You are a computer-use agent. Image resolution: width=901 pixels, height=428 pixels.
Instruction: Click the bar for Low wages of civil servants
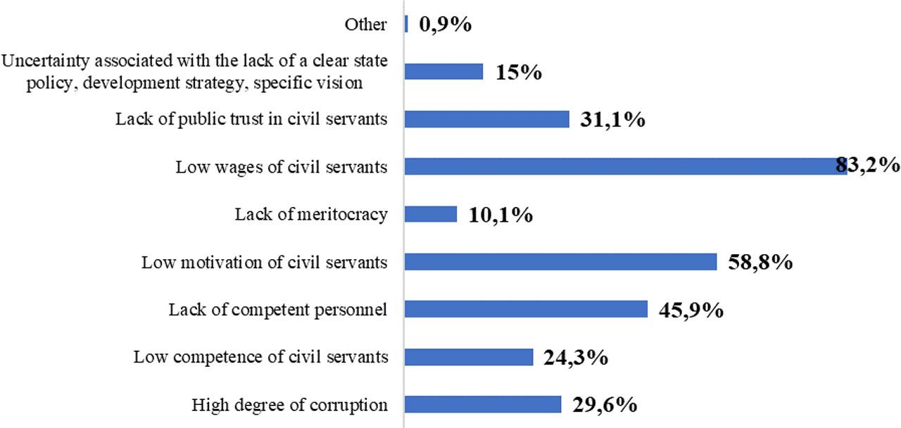(x=626, y=166)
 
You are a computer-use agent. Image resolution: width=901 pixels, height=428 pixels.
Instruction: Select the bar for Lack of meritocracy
(x=431, y=214)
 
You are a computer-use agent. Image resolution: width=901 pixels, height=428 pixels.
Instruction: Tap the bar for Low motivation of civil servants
(x=560, y=262)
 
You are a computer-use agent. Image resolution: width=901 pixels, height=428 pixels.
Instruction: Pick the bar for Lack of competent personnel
(x=526, y=310)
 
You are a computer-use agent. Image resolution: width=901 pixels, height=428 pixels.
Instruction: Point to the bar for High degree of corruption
(x=483, y=405)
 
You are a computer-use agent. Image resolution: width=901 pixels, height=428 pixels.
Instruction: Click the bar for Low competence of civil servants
(x=469, y=357)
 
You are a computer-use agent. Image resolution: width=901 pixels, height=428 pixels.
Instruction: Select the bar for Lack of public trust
(x=486, y=119)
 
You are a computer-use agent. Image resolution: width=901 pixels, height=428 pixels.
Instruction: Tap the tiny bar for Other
(x=407, y=24)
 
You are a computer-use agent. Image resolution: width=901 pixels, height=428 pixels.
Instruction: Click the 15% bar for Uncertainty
(x=444, y=71)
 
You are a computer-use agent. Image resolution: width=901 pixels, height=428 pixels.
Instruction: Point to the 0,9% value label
(x=445, y=25)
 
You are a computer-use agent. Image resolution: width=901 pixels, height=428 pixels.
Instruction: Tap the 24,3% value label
(x=576, y=358)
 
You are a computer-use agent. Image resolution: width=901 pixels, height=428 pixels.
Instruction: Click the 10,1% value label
(x=500, y=215)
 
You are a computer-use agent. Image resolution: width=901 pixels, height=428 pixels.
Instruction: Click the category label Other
(x=365, y=25)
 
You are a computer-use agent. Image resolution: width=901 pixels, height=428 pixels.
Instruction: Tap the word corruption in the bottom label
(x=353, y=405)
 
